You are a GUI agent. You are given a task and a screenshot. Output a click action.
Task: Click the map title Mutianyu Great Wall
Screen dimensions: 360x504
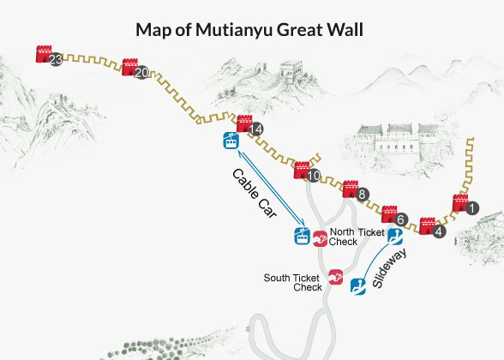pos(249,30)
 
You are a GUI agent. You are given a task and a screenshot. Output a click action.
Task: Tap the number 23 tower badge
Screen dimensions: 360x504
pos(56,60)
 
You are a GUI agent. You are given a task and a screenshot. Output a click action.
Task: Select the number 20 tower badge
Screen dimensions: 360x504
pos(141,72)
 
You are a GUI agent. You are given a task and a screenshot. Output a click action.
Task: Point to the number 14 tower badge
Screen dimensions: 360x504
pos(256,129)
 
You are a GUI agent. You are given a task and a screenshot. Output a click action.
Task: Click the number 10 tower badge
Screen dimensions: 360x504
pos(314,176)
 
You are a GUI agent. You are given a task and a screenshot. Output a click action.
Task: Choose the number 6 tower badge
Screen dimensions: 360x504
pos(401,219)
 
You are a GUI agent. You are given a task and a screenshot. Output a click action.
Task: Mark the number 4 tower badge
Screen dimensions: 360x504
pos(440,231)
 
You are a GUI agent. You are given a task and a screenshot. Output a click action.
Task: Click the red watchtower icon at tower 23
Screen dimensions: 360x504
pos(43,54)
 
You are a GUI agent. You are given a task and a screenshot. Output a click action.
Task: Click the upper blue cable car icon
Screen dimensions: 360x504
pos(231,141)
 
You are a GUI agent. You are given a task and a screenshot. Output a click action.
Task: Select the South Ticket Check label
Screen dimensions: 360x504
pos(292,282)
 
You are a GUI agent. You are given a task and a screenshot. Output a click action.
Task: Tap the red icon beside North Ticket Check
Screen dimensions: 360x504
pos(320,238)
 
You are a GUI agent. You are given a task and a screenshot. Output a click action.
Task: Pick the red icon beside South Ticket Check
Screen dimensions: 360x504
pos(335,276)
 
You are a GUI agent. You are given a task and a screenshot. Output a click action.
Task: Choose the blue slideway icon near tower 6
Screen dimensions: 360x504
pos(395,233)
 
